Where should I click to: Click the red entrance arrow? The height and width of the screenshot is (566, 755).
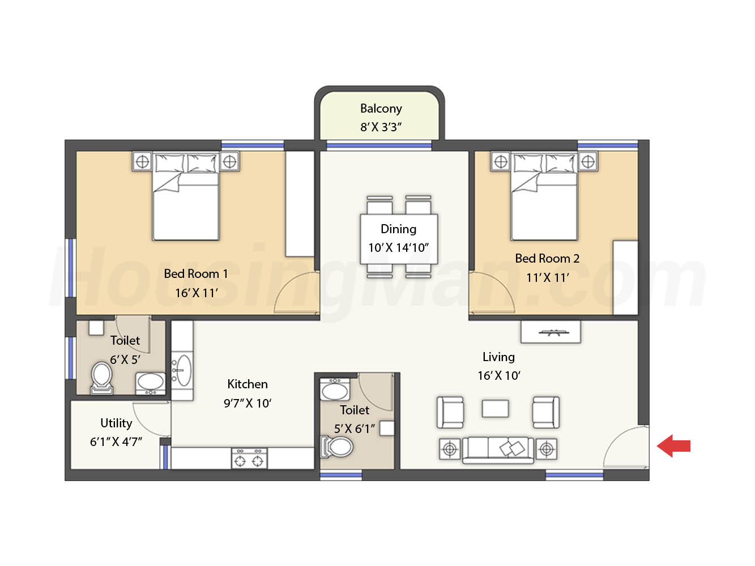click(673, 445)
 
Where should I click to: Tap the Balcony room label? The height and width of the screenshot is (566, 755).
click(381, 109)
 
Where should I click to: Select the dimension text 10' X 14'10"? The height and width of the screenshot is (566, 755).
click(399, 248)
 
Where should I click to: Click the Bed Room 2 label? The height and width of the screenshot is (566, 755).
click(547, 259)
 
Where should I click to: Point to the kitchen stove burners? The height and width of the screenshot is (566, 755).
click(249, 458)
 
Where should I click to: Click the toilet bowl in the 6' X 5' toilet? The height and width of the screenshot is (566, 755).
click(102, 378)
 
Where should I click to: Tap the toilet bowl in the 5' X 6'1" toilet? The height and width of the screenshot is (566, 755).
click(336, 447)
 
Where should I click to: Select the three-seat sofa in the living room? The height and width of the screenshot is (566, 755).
click(498, 450)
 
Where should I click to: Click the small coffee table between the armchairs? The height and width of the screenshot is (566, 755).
click(495, 409)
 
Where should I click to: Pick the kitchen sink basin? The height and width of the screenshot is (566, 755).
click(182, 370)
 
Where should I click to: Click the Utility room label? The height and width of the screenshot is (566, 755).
click(116, 423)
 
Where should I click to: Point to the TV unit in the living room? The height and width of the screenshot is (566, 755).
click(551, 332)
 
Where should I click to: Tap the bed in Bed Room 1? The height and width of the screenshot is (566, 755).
click(186, 197)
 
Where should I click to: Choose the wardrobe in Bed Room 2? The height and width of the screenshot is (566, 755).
click(625, 278)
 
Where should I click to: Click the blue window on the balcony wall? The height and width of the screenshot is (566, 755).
click(379, 145)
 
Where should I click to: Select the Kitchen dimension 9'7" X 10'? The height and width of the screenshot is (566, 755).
click(248, 403)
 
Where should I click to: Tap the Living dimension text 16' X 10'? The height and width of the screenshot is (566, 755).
click(499, 376)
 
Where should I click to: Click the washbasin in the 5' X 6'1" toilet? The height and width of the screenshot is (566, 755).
click(335, 390)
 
